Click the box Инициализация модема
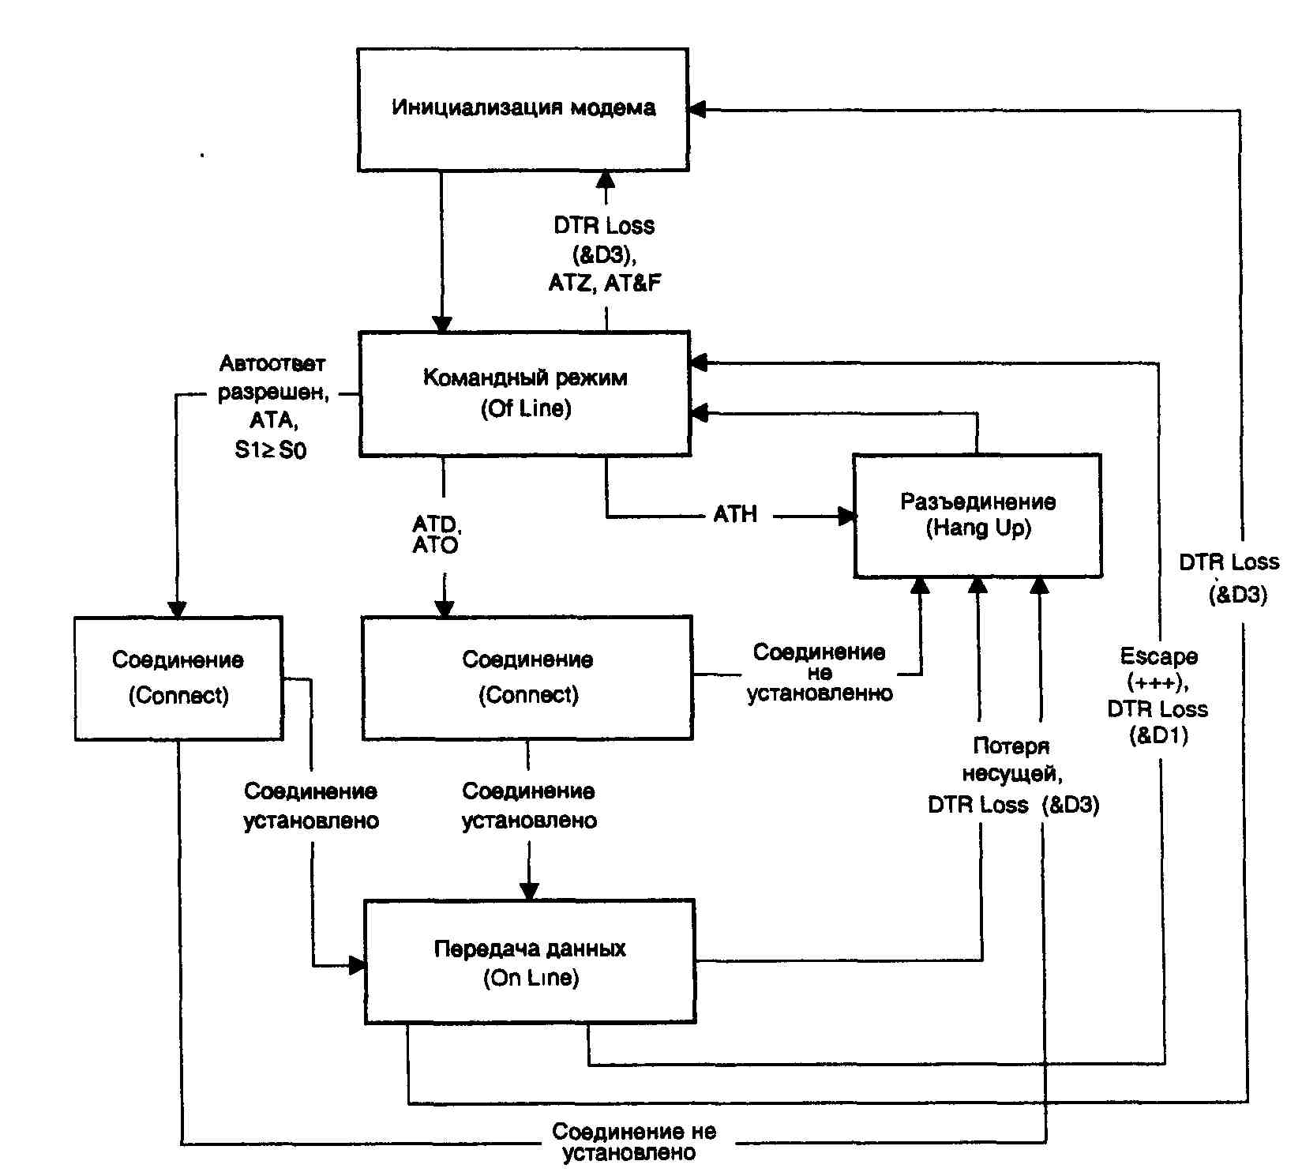[523, 109]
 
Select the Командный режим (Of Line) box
[525, 393]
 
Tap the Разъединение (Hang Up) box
[977, 515]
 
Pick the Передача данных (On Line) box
[530, 961]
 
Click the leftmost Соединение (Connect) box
[178, 678]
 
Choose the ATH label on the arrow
[735, 515]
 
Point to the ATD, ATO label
[436, 535]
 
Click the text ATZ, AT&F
[605, 283]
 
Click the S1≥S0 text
[270, 450]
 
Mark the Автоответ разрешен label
[272, 378]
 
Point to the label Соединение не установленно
[820, 673]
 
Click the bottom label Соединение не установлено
[633, 1142]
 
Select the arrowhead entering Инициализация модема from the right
[697, 110]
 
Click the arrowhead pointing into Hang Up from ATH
[847, 517]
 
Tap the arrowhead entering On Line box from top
[529, 891]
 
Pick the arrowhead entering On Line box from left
[358, 965]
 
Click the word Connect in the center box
[528, 695]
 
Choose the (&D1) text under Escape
[1158, 736]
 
